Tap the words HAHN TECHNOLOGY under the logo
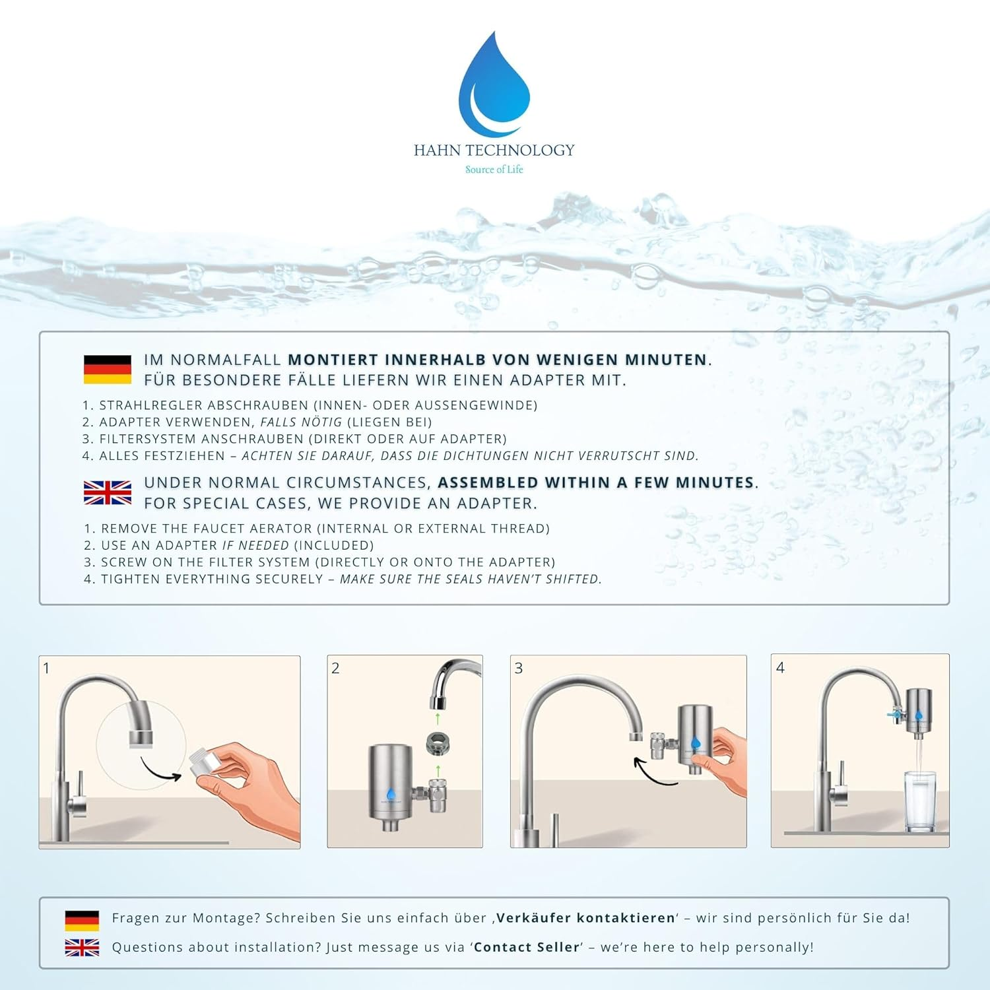(494, 150)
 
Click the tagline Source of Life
(494, 170)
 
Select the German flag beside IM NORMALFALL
(108, 370)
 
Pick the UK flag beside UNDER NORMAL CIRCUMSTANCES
(108, 492)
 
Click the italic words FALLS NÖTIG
(301, 422)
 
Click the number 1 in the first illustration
(46, 668)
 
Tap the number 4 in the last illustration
(780, 667)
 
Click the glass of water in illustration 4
(920, 801)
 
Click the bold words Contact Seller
(527, 947)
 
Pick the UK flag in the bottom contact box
(82, 947)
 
